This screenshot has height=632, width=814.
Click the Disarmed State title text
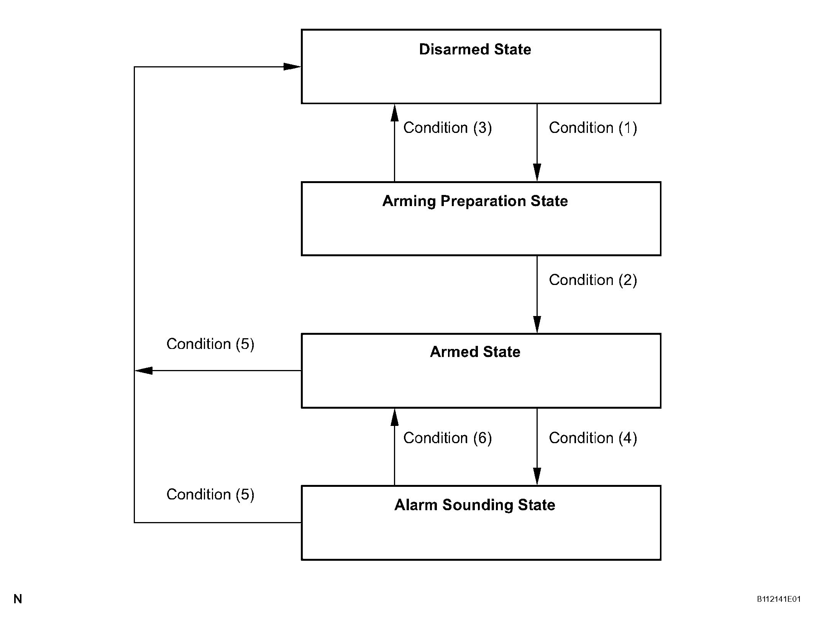click(475, 49)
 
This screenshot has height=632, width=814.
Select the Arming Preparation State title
click(475, 201)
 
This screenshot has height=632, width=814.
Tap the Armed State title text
click(475, 352)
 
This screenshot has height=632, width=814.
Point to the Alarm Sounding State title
click(475, 505)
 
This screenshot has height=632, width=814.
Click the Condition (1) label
click(593, 128)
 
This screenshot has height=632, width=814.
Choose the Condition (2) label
click(593, 280)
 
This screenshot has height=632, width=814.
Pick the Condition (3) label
click(448, 128)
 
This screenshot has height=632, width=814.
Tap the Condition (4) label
click(593, 438)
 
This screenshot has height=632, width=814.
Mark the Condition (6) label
click(448, 438)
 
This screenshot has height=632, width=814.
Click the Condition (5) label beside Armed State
click(210, 344)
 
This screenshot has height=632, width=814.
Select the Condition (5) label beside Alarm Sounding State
click(210, 494)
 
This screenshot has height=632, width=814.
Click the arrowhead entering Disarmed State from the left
click(292, 67)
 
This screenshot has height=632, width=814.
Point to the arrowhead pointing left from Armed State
click(144, 370)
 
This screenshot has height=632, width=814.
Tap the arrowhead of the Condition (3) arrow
click(394, 113)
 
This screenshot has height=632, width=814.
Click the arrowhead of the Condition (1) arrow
click(537, 172)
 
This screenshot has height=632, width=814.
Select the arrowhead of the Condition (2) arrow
click(537, 324)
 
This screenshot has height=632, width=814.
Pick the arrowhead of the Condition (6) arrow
click(394, 417)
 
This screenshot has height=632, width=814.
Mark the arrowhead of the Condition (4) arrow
click(537, 476)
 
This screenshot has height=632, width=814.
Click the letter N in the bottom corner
click(18, 599)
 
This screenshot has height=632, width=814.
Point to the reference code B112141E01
click(779, 599)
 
